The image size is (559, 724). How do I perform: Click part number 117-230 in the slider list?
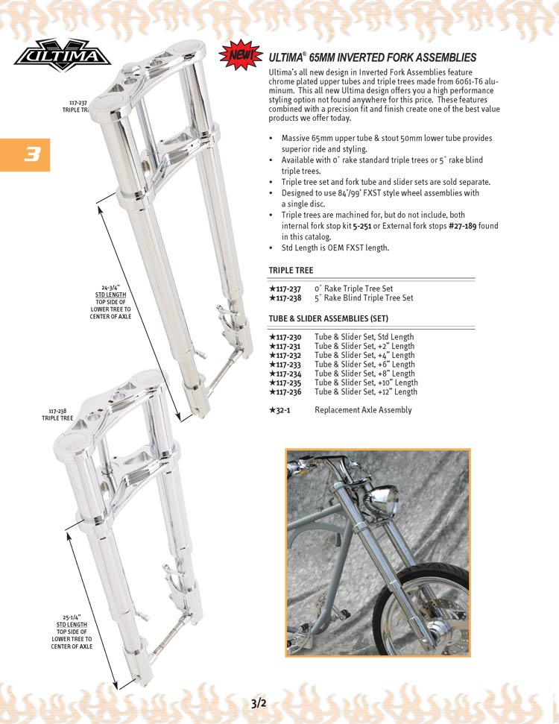(288, 337)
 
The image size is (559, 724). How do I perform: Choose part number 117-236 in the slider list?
(288, 392)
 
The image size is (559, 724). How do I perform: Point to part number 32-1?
(282, 410)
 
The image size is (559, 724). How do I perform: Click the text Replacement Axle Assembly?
(363, 410)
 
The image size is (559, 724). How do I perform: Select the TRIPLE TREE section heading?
(291, 271)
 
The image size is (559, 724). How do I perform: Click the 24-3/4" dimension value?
(112, 287)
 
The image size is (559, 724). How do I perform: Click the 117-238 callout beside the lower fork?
(57, 411)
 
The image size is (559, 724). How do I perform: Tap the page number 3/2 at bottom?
(259, 702)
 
